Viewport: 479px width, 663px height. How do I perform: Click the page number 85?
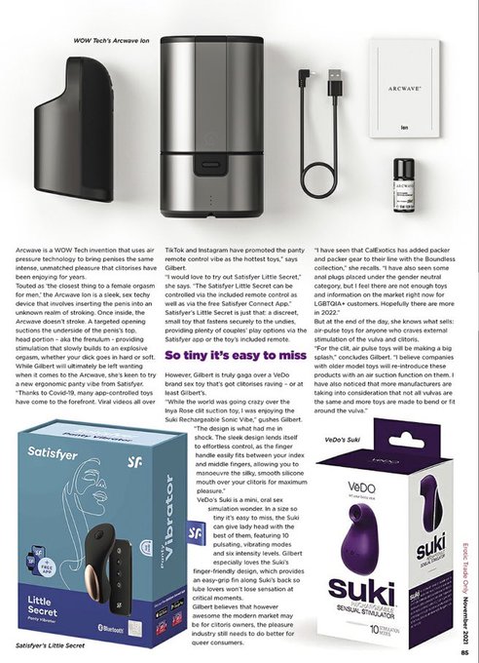pyautogui.click(x=467, y=641)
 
